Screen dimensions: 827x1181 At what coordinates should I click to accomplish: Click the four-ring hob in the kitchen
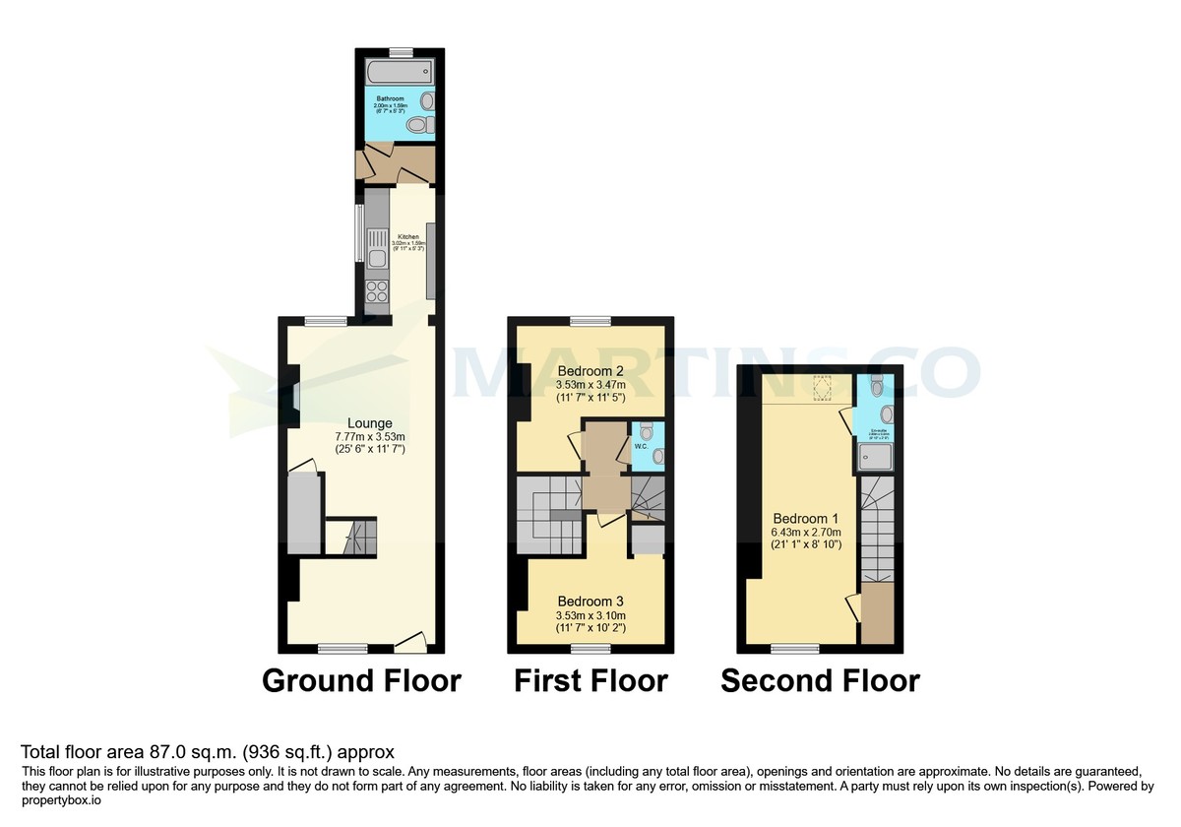tap(376, 292)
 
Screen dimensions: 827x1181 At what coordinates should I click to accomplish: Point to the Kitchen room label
tap(408, 236)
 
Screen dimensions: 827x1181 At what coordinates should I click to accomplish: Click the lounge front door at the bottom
tap(410, 641)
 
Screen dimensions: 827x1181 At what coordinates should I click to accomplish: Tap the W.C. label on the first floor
tap(640, 446)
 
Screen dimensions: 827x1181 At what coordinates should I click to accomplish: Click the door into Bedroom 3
tap(608, 520)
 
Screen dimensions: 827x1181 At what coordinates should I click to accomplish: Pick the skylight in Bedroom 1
tap(822, 388)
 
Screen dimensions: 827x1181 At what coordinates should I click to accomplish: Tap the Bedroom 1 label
tap(805, 519)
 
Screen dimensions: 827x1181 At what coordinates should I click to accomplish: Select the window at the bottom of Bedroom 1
tap(794, 648)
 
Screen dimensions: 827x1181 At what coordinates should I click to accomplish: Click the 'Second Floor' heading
tap(820, 681)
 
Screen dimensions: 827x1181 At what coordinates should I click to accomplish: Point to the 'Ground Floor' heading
tap(361, 681)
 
